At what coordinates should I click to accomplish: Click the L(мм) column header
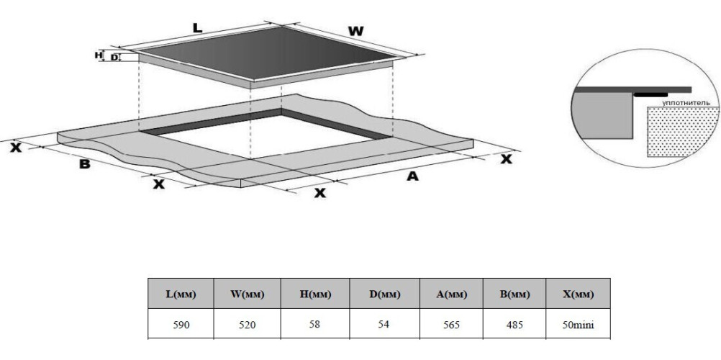[x=181, y=294]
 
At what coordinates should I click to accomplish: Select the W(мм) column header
[x=248, y=294]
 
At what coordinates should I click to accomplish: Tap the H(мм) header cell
[x=315, y=294]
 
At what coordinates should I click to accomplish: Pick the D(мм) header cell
[x=385, y=294]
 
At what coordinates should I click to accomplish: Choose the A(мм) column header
[x=452, y=294]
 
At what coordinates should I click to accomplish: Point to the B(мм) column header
[x=514, y=294]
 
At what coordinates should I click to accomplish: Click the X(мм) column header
[x=578, y=294]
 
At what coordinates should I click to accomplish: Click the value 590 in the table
[x=181, y=325]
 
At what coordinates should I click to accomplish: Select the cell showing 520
[x=248, y=325]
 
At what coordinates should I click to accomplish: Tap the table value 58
[x=315, y=325]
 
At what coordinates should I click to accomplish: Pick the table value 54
[x=384, y=325]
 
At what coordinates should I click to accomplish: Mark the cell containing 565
[x=451, y=325]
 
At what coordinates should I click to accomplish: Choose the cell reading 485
[x=514, y=325]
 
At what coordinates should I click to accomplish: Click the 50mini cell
[x=578, y=325]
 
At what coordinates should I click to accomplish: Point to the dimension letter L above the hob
[x=197, y=27]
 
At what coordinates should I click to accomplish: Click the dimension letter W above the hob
[x=355, y=31]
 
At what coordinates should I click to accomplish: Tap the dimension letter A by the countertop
[x=412, y=176]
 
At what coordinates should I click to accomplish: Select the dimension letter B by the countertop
[x=85, y=163]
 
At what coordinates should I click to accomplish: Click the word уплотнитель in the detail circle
[x=686, y=103]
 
